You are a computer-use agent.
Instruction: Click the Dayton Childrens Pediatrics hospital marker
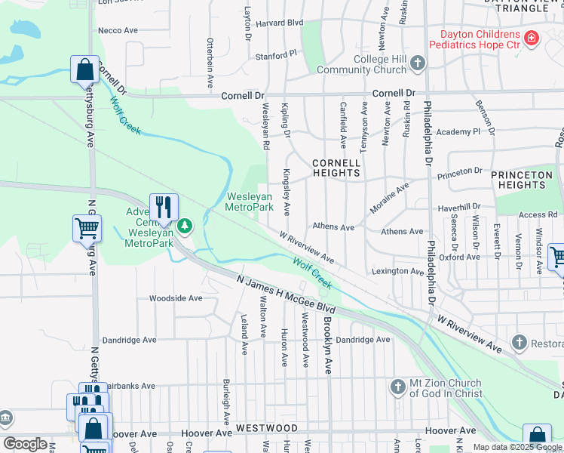click(x=532, y=38)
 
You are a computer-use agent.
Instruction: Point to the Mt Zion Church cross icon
click(x=398, y=388)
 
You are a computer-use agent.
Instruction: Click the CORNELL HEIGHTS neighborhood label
click(x=336, y=168)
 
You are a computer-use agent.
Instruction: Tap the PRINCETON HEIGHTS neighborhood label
click(x=522, y=180)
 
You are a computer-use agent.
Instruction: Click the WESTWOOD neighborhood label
click(x=266, y=427)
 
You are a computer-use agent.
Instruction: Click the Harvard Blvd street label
click(x=280, y=23)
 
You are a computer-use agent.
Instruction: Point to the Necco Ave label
click(x=118, y=30)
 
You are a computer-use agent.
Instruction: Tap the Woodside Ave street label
click(x=176, y=298)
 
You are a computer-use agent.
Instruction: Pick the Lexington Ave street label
click(x=397, y=271)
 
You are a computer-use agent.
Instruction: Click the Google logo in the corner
click(x=25, y=445)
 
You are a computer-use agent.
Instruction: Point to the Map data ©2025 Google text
click(x=518, y=447)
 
